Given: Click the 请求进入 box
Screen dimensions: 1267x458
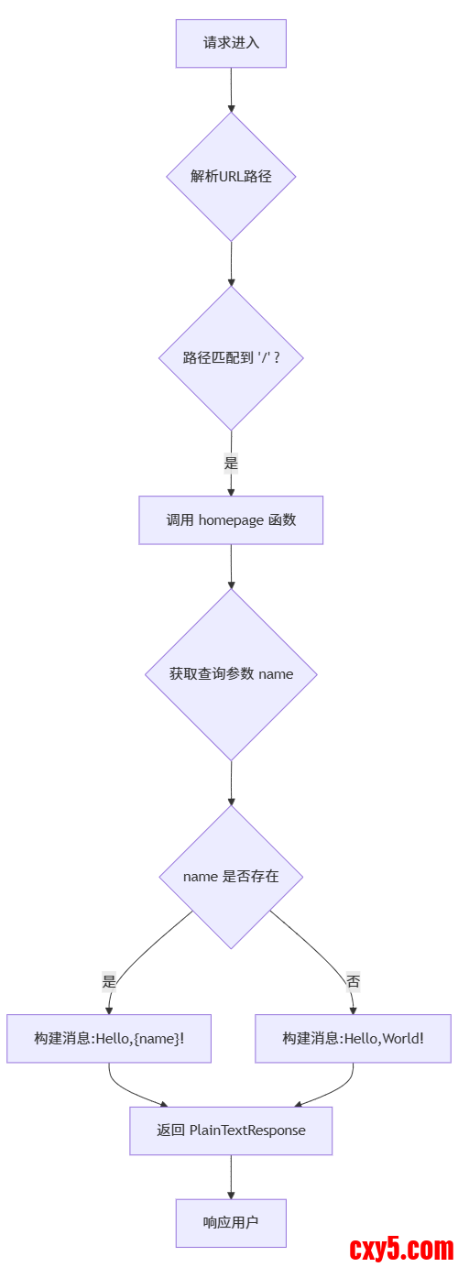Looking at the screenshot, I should click(231, 43).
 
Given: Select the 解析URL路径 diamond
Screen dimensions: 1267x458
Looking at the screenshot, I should click(231, 177).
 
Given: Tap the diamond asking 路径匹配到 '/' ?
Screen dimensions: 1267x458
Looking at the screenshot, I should click(231, 357).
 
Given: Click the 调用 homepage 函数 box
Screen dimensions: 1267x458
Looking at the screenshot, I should click(231, 520).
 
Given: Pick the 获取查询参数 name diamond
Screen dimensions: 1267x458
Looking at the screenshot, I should click(231, 674).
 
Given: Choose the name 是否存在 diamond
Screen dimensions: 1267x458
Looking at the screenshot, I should click(231, 877).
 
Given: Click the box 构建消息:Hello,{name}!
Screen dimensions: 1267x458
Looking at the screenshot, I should click(109, 1038).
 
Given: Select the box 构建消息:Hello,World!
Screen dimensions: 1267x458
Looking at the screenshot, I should click(353, 1038).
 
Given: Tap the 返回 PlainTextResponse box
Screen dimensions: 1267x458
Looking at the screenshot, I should click(231, 1130).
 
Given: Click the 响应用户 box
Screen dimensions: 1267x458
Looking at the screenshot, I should click(231, 1223).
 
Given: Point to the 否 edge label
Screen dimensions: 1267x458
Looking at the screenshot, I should click(353, 981).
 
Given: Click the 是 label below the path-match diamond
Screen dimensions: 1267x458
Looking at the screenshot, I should click(231, 463).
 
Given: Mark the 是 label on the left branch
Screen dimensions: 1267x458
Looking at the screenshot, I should click(109, 981).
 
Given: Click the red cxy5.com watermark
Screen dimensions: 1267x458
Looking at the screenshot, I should click(401, 1248).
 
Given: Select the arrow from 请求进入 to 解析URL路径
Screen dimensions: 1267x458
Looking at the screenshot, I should click(231, 90).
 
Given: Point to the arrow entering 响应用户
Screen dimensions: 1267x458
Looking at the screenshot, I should click(231, 1177).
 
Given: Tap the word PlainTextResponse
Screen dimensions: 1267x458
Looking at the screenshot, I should click(247, 1130).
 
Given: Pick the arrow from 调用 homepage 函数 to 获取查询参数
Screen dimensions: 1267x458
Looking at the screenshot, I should click(231, 566).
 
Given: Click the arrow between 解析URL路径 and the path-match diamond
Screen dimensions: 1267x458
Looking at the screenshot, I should click(231, 264).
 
